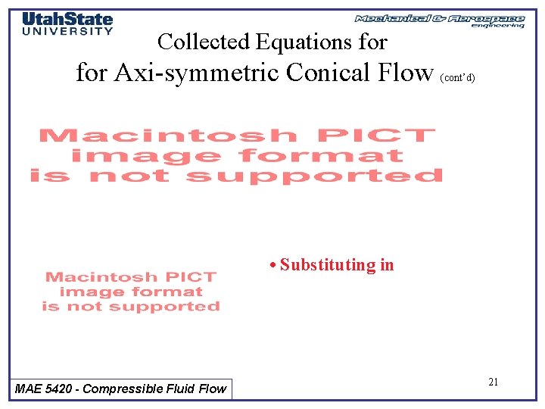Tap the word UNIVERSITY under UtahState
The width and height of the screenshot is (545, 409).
coord(67,31)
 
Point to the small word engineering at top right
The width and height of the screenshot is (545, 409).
coord(497,26)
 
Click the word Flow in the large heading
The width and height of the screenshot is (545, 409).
coord(405,73)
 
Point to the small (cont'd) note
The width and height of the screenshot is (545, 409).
coord(458,78)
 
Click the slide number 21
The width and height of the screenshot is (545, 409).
coord(493,382)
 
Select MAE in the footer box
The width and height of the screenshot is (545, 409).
coord(29,389)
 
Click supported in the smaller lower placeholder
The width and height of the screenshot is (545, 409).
coord(179,307)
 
